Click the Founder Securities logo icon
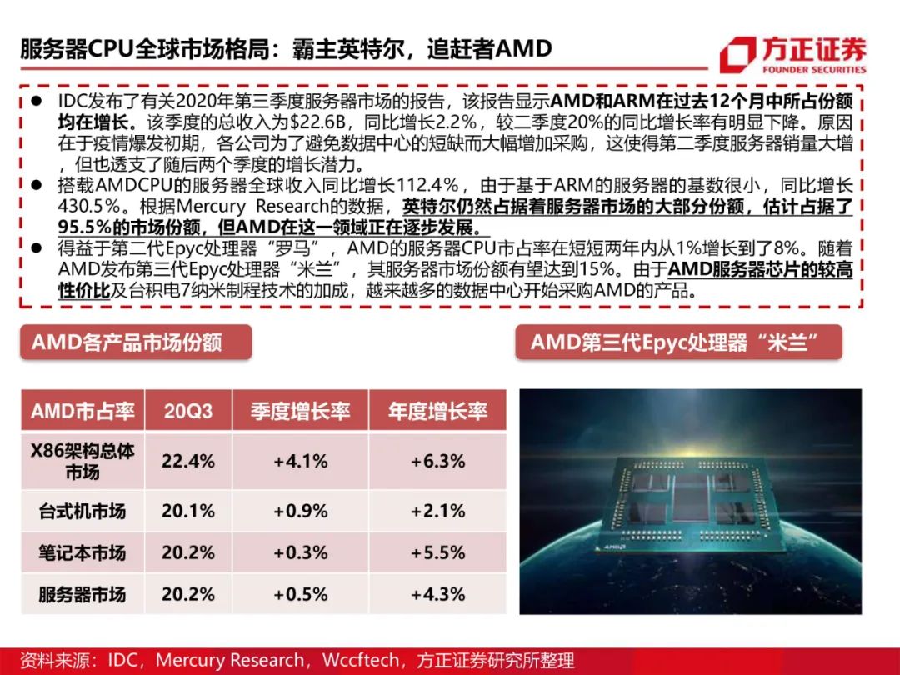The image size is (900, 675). (737, 55)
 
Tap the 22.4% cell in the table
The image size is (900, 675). (188, 461)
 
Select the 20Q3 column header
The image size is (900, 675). (188, 411)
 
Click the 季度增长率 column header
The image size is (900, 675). (300, 411)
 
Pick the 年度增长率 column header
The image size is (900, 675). (437, 411)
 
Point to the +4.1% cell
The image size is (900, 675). (300, 461)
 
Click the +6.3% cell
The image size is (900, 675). (437, 461)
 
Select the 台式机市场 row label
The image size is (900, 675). (82, 511)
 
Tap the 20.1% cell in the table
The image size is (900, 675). (188, 511)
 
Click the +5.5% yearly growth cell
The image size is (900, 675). (437, 552)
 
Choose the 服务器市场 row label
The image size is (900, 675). (82, 594)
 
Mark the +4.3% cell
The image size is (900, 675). (437, 594)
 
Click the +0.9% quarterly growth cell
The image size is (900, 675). (300, 511)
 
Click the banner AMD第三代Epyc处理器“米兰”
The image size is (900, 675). (678, 342)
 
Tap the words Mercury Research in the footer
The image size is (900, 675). (230, 661)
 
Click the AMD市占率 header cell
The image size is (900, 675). (82, 411)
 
